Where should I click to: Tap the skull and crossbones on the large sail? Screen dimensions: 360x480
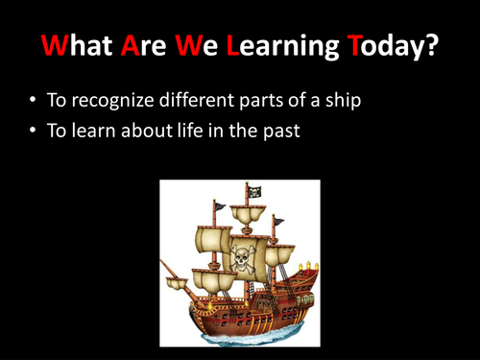point(239,258)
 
